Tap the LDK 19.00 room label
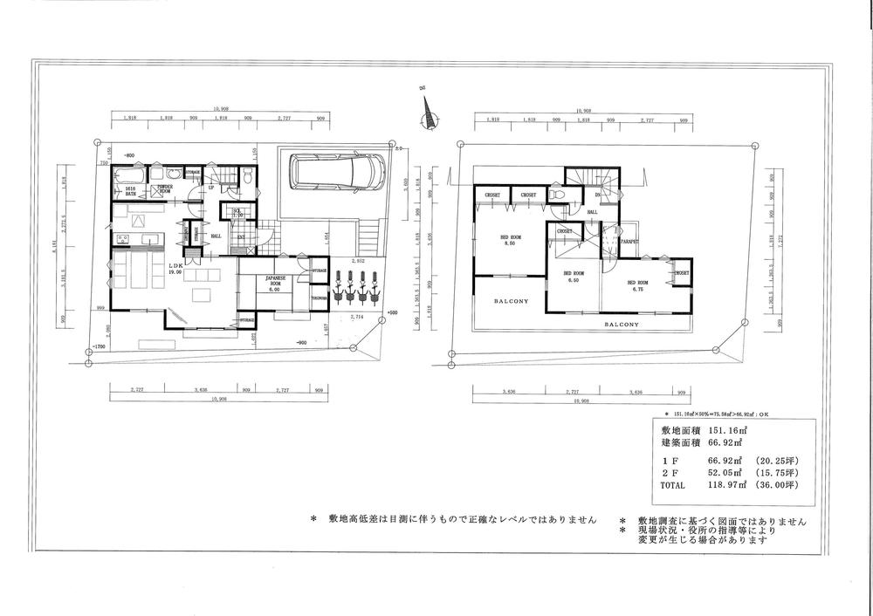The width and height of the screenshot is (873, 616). coord(175,269)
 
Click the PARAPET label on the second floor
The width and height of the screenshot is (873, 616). coord(631,241)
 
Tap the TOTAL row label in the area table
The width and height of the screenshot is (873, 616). coord(673,484)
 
